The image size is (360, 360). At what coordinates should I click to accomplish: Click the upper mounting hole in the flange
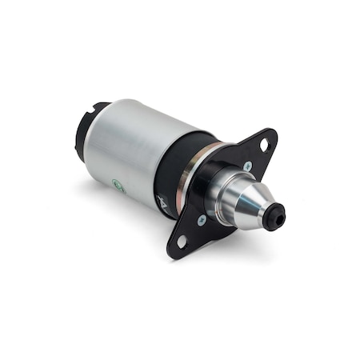tap(263, 143)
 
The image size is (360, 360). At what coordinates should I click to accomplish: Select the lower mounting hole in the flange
tap(182, 239)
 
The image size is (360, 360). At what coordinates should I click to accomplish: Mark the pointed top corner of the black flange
tap(272, 132)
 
